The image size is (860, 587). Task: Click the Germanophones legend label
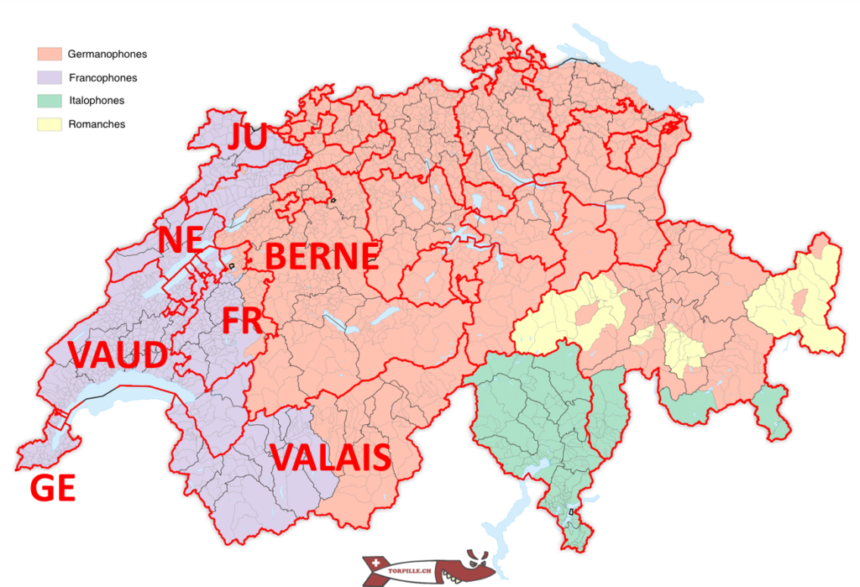(x=107, y=54)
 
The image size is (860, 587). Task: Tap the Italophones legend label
(x=96, y=100)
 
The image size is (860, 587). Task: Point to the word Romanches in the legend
(x=96, y=123)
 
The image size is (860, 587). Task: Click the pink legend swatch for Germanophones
(x=50, y=54)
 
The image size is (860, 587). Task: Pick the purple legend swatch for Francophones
(x=50, y=77)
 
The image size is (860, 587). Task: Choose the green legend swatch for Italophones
(x=50, y=100)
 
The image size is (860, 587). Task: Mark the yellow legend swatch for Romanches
(x=50, y=123)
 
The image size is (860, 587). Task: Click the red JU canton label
(x=247, y=137)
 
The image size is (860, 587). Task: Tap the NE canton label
(x=181, y=240)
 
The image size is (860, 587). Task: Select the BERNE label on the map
(x=322, y=257)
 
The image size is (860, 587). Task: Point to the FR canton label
(x=242, y=322)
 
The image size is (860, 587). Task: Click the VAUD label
(x=118, y=356)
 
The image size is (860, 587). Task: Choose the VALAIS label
(x=331, y=459)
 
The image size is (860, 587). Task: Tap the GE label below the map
(x=53, y=488)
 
